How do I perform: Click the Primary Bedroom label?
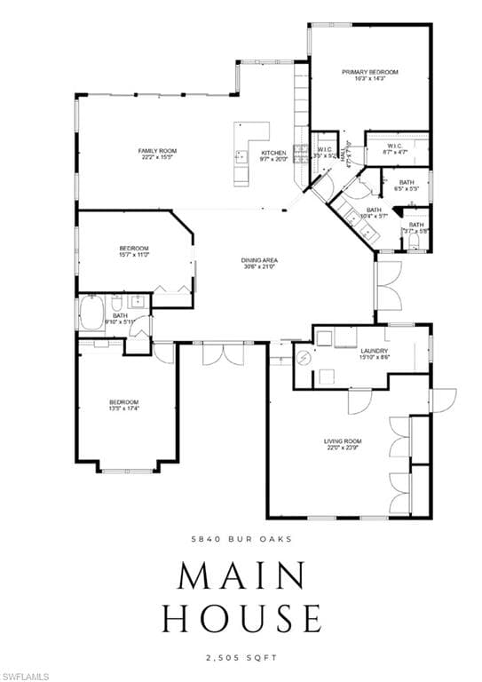[x=369, y=75]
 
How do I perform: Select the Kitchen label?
[x=273, y=156]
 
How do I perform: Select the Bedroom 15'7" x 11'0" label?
[x=134, y=251]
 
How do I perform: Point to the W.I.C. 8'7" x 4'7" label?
[x=396, y=149]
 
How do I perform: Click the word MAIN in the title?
[x=241, y=576]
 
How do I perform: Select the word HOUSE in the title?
[x=241, y=617]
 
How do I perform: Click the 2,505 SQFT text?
[x=241, y=658]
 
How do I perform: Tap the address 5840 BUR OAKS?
[x=241, y=539]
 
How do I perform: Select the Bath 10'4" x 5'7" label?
[x=374, y=212]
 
